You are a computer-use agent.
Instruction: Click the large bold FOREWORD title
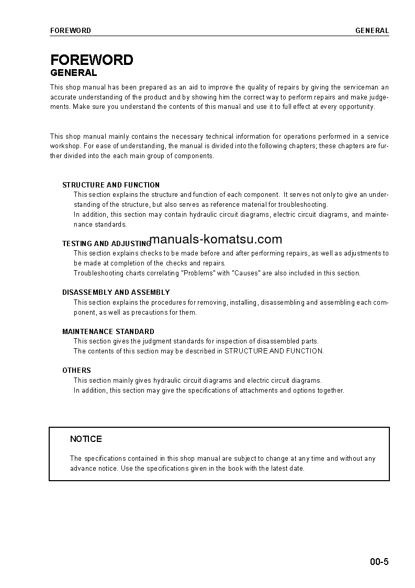92,60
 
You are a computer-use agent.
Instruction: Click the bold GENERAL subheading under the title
73,73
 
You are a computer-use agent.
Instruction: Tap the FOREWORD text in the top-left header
70,30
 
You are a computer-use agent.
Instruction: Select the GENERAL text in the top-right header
372,30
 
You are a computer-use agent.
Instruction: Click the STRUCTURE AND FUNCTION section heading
111,185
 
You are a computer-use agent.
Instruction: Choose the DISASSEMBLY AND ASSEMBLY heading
116,292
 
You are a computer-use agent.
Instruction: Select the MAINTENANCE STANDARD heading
108,331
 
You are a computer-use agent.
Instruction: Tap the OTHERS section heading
76,370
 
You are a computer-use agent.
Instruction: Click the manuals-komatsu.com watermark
216,240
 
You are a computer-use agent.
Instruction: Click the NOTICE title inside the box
86,439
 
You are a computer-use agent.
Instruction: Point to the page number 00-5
379,562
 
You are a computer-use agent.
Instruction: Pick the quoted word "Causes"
246,273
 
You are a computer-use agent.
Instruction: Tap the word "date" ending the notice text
296,468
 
